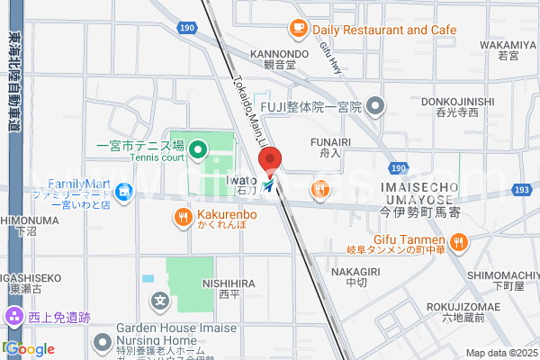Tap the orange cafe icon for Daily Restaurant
(299, 29)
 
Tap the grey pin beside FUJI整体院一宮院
(376, 107)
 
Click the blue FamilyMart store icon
(125, 190)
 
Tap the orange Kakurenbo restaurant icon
(183, 216)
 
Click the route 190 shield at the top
(187, 29)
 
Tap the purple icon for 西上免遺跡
(13, 316)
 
